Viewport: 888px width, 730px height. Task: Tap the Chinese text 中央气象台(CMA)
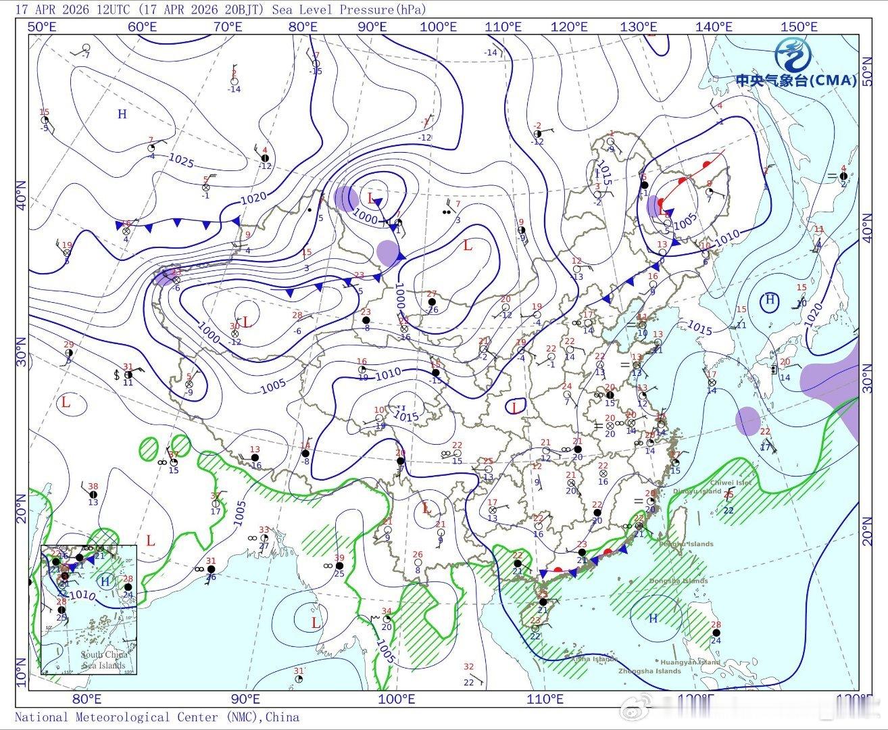pos(795,80)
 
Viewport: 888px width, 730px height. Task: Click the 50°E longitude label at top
pos(42,26)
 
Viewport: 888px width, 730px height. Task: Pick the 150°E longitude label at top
pos(799,26)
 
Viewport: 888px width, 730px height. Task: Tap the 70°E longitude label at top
pos(228,26)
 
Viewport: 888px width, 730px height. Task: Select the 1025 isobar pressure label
pos(181,161)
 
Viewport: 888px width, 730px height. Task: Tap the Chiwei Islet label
pos(731,483)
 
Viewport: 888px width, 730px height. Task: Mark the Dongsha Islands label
pos(679,581)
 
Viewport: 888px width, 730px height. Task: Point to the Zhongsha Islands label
pos(649,671)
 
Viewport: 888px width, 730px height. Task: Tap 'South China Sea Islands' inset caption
pos(103,660)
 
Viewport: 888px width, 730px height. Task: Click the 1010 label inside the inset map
pos(80,595)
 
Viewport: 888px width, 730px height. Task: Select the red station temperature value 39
pos(339,558)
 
